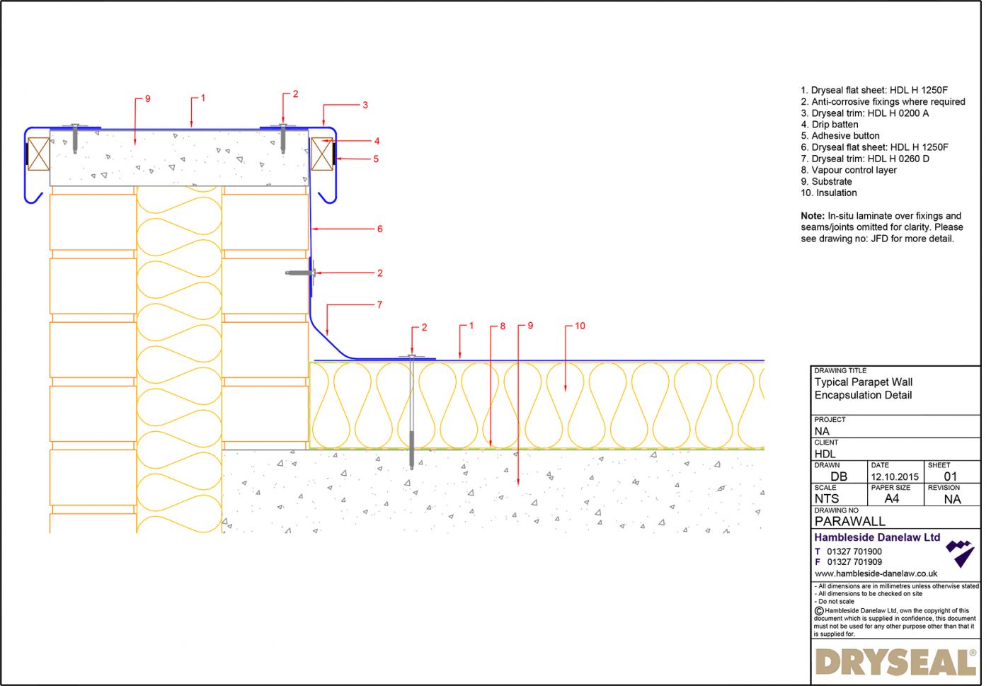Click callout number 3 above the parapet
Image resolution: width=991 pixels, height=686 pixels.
point(365,105)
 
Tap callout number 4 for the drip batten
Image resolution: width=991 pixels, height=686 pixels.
point(377,142)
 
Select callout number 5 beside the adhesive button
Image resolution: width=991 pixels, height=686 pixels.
point(376,159)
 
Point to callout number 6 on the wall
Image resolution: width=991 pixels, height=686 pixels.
point(379,229)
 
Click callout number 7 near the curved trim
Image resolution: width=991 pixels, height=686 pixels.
point(379,304)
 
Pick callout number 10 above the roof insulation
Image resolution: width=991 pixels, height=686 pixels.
point(580,326)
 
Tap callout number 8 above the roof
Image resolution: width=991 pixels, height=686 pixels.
point(503,326)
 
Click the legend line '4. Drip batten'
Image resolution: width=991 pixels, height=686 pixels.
point(829,125)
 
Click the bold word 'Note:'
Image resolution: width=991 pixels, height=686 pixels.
point(812,216)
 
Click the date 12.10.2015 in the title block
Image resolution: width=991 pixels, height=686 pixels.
point(895,476)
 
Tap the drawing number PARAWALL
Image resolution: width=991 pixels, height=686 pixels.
point(849,521)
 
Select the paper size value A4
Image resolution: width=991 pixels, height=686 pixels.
point(891,498)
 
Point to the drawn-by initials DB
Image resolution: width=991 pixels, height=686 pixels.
point(838,476)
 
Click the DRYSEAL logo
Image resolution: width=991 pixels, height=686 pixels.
point(895,663)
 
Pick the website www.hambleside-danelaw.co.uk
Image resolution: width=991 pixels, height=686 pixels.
point(876,573)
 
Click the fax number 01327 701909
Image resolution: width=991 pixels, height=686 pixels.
point(854,562)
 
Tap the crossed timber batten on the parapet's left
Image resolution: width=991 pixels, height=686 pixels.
point(38,152)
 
